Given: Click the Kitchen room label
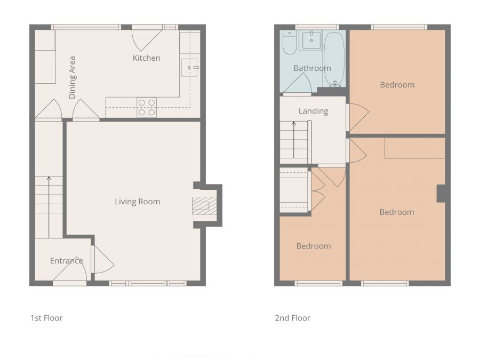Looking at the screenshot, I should coord(146,58).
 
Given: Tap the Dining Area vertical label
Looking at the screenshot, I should coord(72,77).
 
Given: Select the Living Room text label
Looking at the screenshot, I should coord(137,202).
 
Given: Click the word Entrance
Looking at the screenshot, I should coord(66,261).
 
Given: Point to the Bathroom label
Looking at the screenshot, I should coord(312,68).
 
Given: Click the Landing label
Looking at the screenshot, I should coord(313,111).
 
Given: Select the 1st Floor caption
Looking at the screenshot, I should coord(46,318).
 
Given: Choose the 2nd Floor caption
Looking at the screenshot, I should coord(292,318).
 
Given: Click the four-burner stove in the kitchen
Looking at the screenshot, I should coord(147,107).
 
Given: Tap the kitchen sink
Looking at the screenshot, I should coord(189,68).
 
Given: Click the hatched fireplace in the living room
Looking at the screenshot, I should coord(201,206).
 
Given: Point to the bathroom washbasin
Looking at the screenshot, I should coord(311,39).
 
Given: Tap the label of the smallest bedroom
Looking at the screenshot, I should coord(313,246).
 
